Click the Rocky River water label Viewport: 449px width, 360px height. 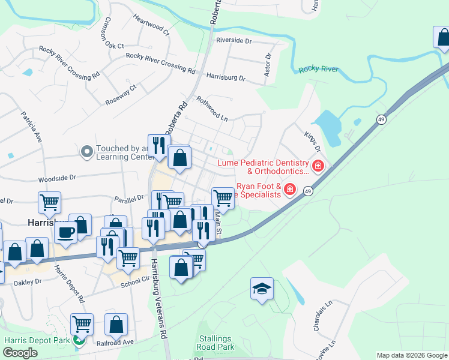(x=318, y=70)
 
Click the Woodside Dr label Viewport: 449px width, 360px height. (x=58, y=178)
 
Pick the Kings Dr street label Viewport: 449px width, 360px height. (x=313, y=142)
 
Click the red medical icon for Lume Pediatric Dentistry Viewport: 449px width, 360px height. (x=318, y=166)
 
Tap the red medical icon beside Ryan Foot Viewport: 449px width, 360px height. (x=289, y=190)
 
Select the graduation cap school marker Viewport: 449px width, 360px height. (x=262, y=289)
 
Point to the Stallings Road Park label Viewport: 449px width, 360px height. (x=215, y=343)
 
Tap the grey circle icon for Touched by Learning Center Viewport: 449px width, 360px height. (x=88, y=152)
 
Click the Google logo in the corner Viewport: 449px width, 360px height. (x=20, y=353)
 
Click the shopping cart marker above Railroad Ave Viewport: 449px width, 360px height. (x=82, y=325)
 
